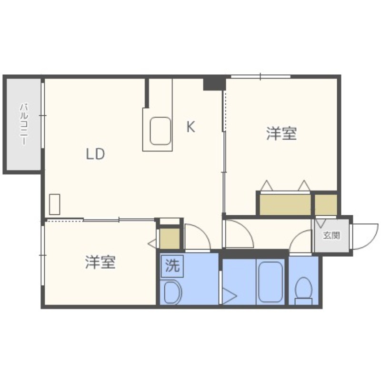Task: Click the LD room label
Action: pyautogui.click(x=95, y=154)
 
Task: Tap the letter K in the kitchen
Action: pyautogui.click(x=190, y=127)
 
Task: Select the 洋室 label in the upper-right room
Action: pyautogui.click(x=281, y=134)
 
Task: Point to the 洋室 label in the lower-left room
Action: pyautogui.click(x=100, y=262)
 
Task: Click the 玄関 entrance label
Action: pyautogui.click(x=331, y=236)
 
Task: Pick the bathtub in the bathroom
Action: pyautogui.click(x=270, y=281)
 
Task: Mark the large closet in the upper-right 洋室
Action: pyautogui.click(x=285, y=204)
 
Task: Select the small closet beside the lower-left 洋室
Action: pyautogui.click(x=170, y=238)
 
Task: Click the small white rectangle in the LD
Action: pyautogui.click(x=55, y=204)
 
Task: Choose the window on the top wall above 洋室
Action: pyautogui.click(x=261, y=77)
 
